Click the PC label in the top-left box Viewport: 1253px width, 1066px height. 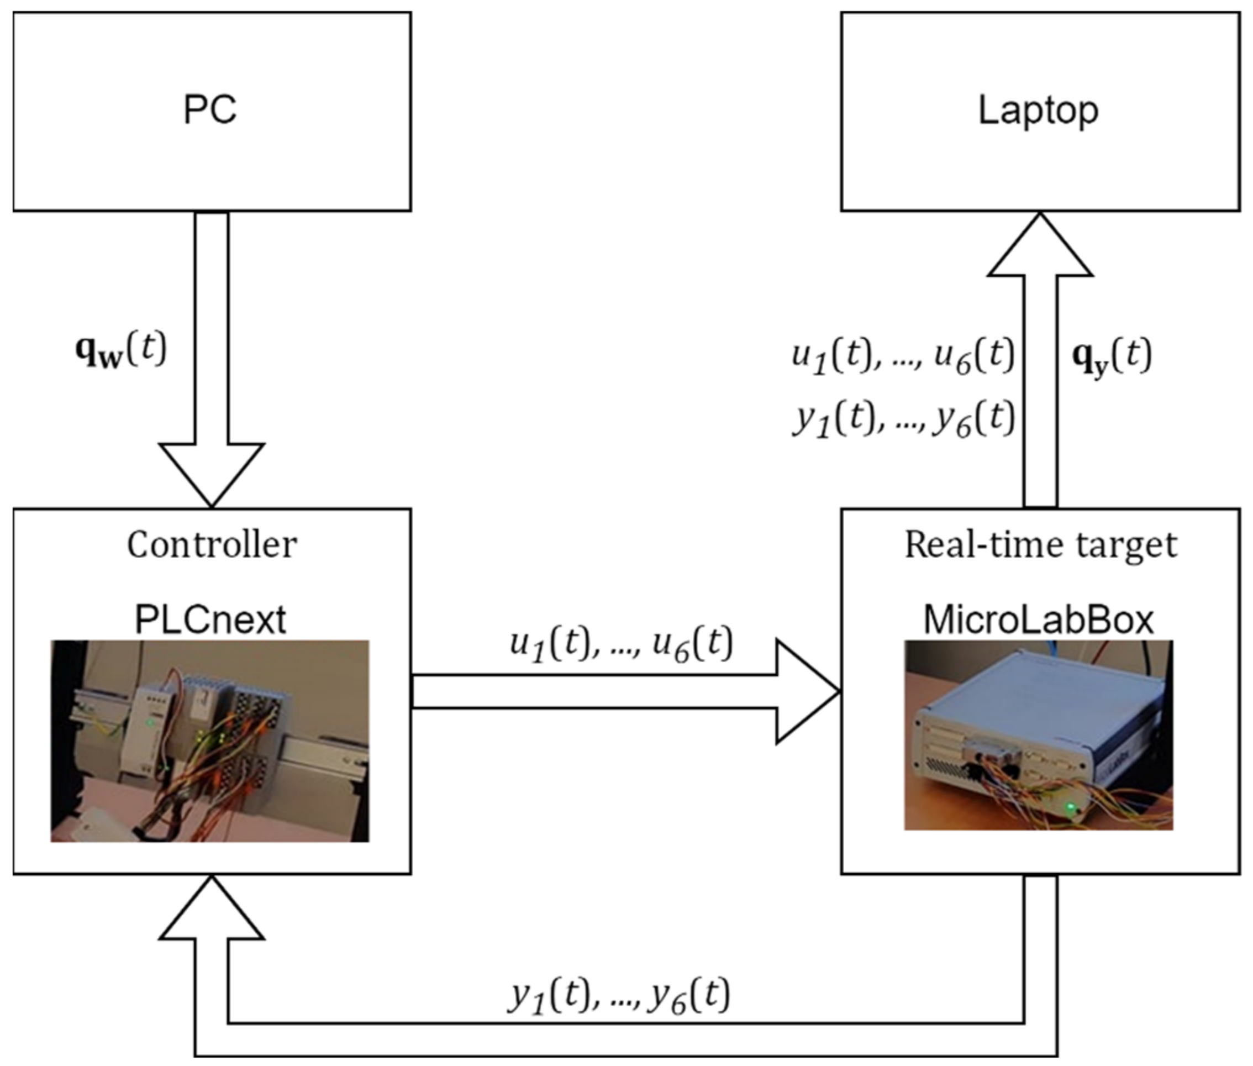click(x=209, y=110)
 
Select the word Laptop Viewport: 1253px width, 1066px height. click(x=1038, y=111)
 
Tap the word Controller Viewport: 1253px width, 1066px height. click(x=212, y=544)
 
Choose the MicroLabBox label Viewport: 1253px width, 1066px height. click(x=1039, y=619)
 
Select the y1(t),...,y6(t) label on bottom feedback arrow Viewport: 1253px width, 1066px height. click(x=619, y=996)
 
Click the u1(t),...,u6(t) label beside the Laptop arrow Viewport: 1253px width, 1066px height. click(x=903, y=356)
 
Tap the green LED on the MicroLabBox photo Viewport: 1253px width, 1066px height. click(x=1071, y=807)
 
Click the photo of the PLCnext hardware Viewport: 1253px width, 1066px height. click(x=209, y=741)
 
